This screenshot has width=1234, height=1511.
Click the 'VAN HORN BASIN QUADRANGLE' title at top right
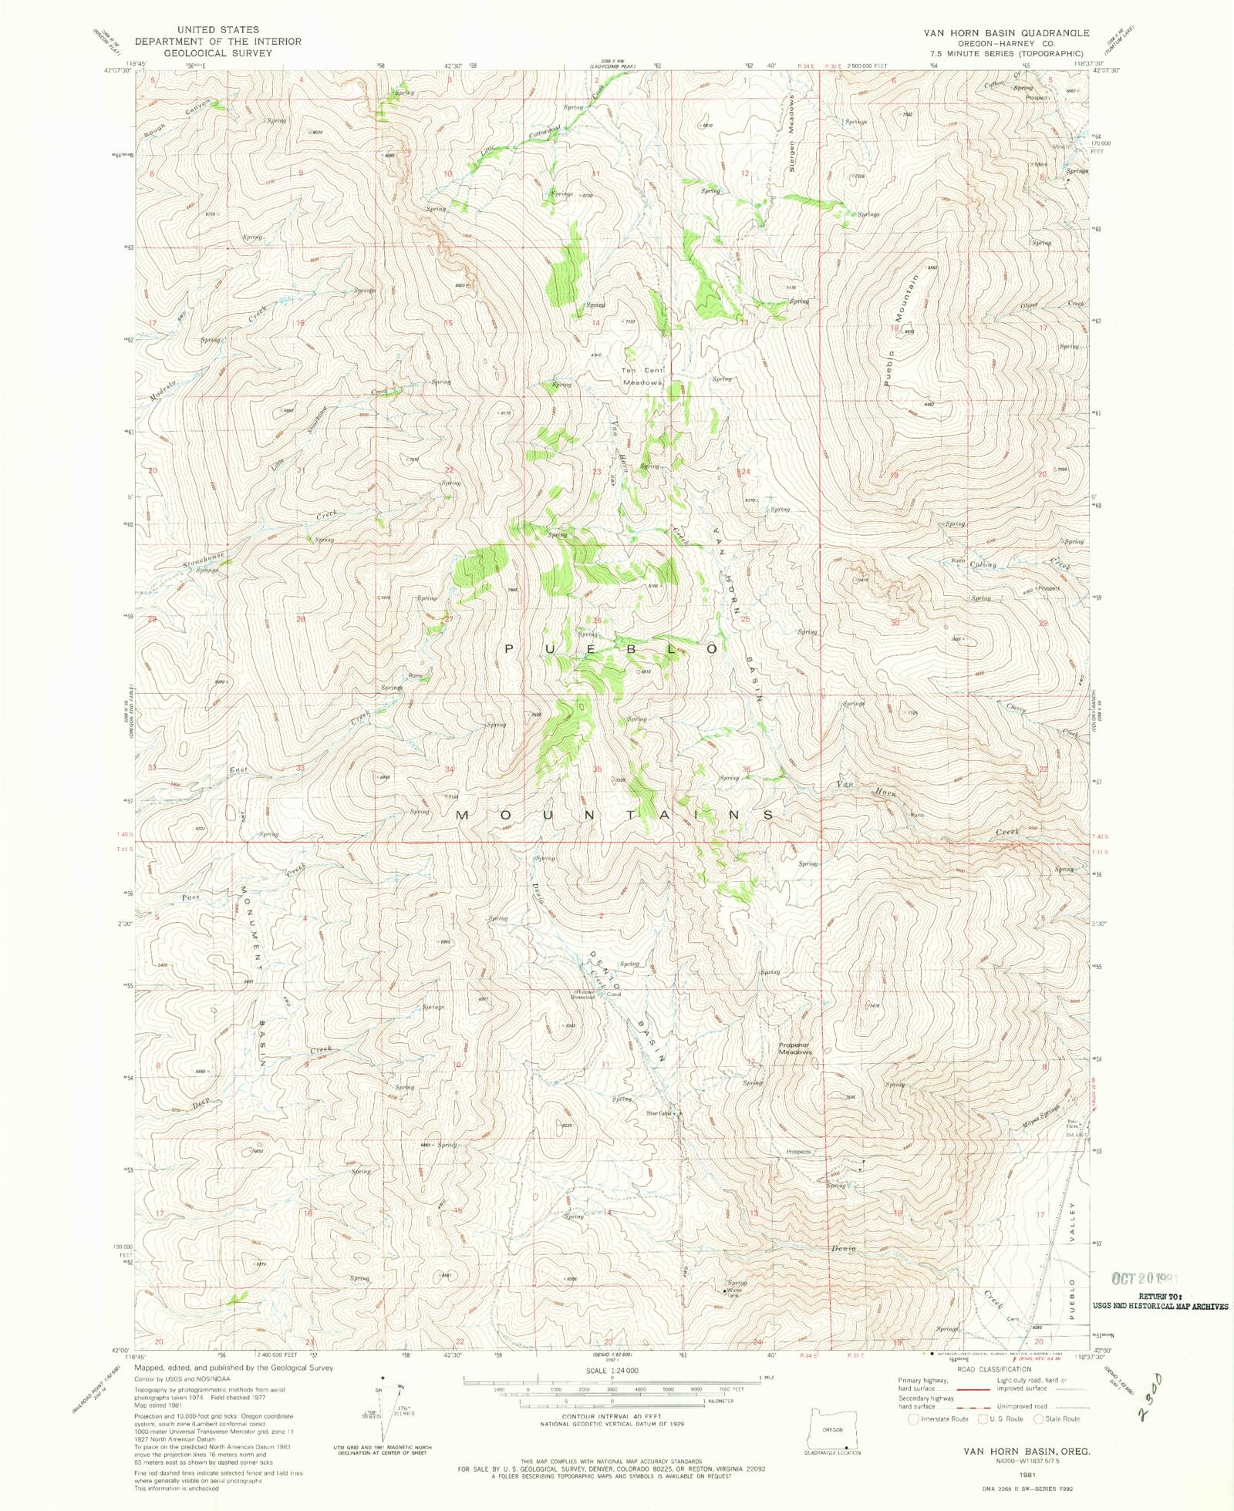tap(1006, 33)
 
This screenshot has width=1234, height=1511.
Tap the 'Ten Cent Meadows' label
tap(642, 376)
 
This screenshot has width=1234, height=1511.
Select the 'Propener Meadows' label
tap(795, 1048)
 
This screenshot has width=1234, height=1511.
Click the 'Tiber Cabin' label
tap(659, 1113)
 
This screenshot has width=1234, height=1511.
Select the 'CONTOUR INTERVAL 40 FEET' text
tap(612, 1417)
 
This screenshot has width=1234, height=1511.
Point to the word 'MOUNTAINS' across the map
tap(615, 815)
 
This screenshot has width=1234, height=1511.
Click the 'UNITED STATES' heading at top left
tap(218, 29)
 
